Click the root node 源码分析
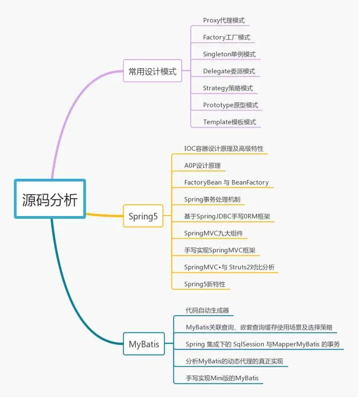[50, 200]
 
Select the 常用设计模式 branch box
[152, 71]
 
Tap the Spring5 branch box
[143, 216]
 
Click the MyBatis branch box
[143, 343]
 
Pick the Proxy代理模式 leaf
[224, 20]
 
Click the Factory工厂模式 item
[226, 37]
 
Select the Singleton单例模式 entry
[229, 54]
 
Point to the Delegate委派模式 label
[229, 71]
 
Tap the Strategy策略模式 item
[228, 88]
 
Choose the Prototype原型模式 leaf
[231, 105]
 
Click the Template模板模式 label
[229, 122]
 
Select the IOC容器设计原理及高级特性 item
[224, 149]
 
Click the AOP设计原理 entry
[202, 165]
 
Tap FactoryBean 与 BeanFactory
[227, 182]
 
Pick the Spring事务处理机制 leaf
[214, 199]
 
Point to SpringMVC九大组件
[214, 233]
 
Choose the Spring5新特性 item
[205, 284]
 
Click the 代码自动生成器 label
[207, 310]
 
